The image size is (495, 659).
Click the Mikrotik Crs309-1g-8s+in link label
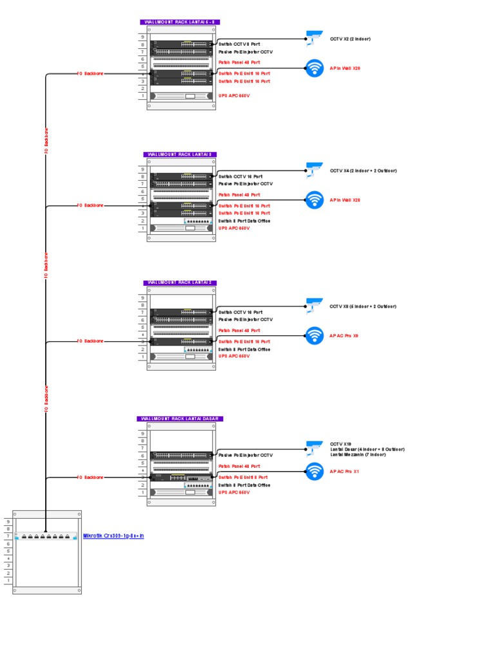tap(113, 535)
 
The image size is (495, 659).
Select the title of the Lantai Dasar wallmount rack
tap(180, 418)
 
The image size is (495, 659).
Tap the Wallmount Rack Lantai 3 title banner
tap(180, 154)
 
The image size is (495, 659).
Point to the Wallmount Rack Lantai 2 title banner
tap(180, 283)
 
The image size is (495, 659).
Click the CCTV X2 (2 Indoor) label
tap(350, 39)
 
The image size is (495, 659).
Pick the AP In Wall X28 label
tap(345, 200)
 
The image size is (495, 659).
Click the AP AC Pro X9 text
tap(344, 335)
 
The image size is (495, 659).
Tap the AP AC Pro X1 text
tap(344, 471)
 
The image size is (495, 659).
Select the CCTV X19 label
tap(340, 444)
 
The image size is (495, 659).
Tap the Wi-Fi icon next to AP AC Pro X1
tap(314, 471)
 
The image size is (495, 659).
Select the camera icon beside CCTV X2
tap(314, 38)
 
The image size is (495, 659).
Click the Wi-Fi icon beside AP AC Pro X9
tap(314, 335)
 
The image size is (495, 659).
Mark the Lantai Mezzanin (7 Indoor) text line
tap(358, 454)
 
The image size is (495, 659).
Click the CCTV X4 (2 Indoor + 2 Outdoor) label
tap(363, 171)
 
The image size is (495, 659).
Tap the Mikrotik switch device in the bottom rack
tap(46, 535)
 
